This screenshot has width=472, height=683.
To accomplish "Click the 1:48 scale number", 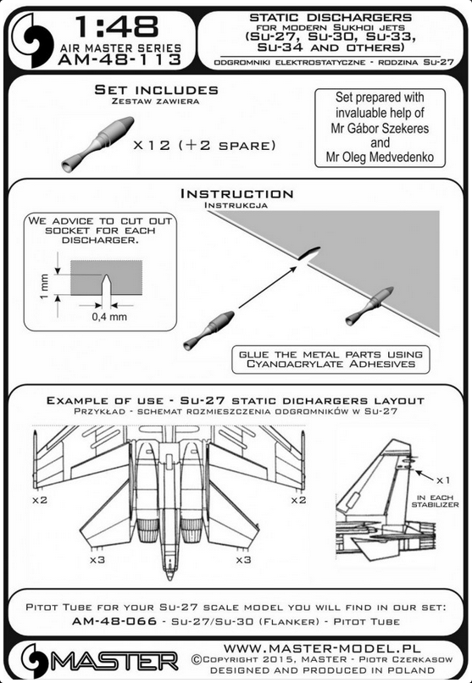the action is (116, 27).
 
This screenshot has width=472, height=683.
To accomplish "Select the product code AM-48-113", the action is (119, 59).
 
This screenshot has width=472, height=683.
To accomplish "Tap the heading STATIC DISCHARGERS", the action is (330, 18).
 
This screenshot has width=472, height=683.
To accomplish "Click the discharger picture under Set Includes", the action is (97, 144).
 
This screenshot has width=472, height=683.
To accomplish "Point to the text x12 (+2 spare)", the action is (205, 145).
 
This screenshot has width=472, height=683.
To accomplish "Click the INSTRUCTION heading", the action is (237, 194).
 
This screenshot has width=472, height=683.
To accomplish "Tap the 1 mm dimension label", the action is (43, 286).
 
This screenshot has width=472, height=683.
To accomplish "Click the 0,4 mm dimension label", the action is (109, 317).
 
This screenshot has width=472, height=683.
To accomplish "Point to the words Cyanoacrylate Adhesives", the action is (331, 364).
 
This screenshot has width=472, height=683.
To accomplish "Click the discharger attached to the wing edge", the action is (369, 306).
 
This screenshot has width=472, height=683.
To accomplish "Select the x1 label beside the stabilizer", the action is (443, 480).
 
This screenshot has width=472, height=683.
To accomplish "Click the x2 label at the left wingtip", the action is (40, 500).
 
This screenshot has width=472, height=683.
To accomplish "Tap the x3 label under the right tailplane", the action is (244, 559).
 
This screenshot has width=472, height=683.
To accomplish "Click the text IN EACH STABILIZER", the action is (435, 501).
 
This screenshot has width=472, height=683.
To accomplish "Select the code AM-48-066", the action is (114, 621).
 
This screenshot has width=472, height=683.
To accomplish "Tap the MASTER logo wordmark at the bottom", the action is (114, 662).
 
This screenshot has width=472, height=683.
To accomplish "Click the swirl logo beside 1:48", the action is (32, 40).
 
